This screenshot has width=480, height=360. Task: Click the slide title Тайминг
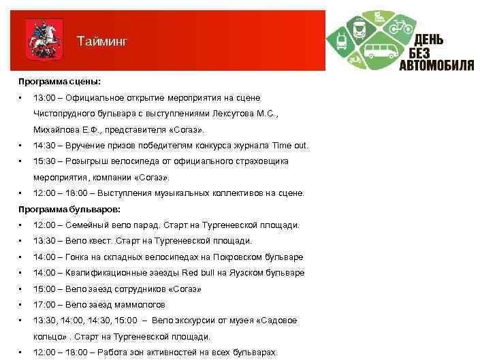(x=101, y=42)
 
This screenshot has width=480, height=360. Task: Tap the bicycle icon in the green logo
(x=400, y=27)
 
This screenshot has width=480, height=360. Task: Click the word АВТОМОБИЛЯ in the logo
(x=436, y=65)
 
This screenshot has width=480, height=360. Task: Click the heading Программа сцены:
(x=59, y=82)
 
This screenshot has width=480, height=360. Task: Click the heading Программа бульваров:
(x=69, y=209)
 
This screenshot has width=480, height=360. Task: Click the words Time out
(x=290, y=146)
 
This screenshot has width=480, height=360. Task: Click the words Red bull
(x=198, y=273)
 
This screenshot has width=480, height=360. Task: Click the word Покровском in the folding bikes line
(x=225, y=257)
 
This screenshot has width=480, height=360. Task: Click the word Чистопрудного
(x=66, y=114)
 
